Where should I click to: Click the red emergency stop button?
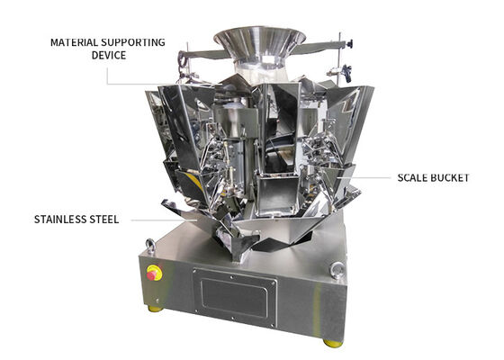[152, 274]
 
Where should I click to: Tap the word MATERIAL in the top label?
[74, 42]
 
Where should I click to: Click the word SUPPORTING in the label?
[133, 42]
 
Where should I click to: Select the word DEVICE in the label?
[109, 55]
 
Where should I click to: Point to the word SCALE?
[413, 178]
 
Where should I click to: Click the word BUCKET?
[450, 178]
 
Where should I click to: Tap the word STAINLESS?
[59, 220]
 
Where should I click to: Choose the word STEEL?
[104, 220]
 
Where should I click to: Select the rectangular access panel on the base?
[235, 297]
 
